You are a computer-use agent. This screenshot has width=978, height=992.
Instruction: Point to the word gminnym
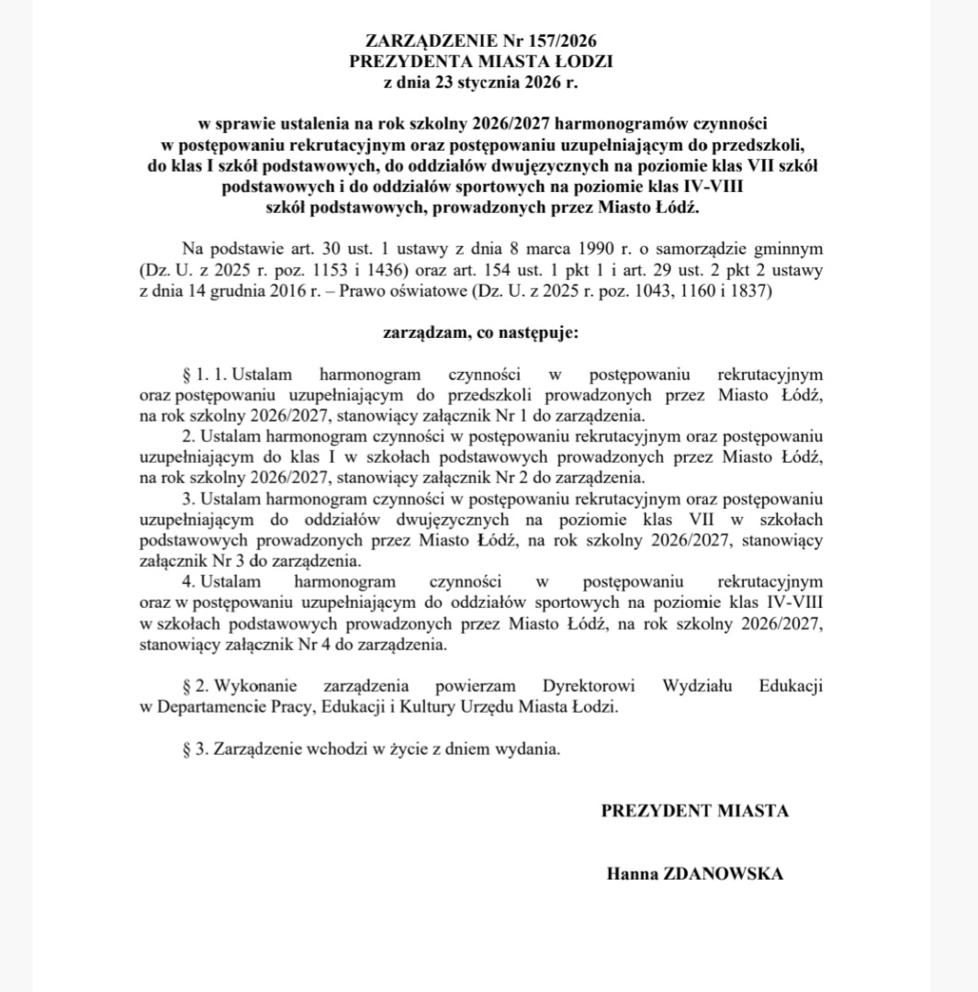[x=789, y=249]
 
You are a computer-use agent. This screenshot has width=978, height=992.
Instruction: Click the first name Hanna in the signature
[x=630, y=874]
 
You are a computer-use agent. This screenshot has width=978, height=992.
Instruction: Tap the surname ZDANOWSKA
[x=723, y=874]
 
